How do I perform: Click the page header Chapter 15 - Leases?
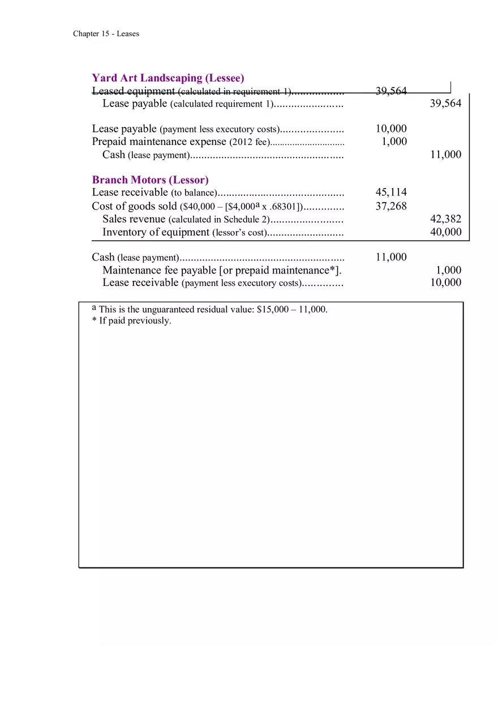coord(106,34)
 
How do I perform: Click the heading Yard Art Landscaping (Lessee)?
coord(168,78)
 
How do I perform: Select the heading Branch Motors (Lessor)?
coord(150,180)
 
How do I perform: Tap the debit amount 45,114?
coord(390,192)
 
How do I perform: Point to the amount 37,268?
coord(390,206)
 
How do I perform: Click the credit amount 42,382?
coord(445,219)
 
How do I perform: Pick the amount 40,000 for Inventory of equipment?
coord(445,232)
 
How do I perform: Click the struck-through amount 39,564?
coord(390,91)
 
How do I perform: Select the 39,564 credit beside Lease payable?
coord(445,103)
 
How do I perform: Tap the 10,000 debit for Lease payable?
coord(390,129)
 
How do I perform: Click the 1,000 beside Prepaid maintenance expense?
coord(394,142)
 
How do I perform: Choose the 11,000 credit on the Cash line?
coord(445,155)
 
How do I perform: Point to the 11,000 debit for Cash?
coord(390,257)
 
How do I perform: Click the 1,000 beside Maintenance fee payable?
coord(449,270)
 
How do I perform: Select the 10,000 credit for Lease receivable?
coord(445,283)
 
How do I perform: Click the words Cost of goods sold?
coord(134,206)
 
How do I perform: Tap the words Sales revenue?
coord(134,219)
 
